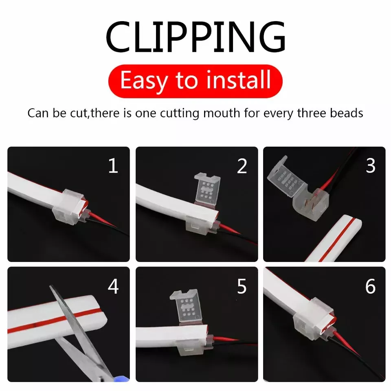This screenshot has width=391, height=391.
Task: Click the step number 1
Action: click(113, 165)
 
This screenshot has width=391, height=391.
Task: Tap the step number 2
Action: click(242, 166)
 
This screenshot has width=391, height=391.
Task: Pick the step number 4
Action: click(113, 286)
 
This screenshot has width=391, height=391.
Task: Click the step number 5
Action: click(242, 286)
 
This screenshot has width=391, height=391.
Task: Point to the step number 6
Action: click(370, 286)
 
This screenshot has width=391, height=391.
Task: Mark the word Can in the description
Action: click(38, 113)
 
